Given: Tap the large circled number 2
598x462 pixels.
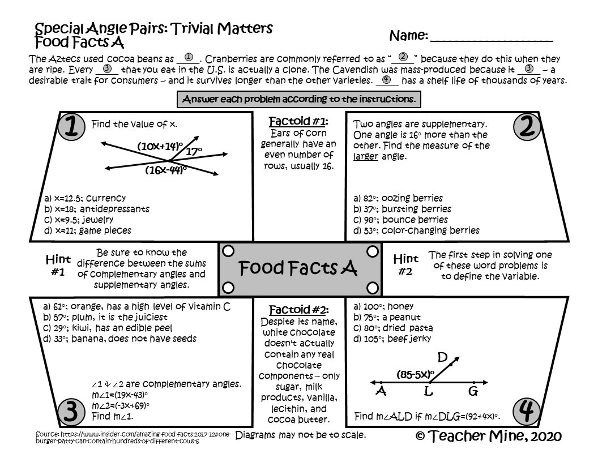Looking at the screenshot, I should (x=526, y=127).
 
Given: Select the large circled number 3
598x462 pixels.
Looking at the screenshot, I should (x=71, y=412).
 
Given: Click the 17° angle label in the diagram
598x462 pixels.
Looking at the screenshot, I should (x=194, y=151).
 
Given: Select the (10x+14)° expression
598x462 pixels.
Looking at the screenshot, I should (x=160, y=146).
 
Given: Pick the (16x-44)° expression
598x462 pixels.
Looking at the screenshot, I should (x=165, y=169).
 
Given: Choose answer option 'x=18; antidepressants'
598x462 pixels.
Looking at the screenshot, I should (x=97, y=209).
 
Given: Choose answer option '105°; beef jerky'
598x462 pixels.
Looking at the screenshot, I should (x=392, y=339).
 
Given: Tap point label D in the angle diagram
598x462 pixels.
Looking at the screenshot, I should (x=443, y=357).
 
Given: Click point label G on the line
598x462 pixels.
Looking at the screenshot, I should (x=473, y=391).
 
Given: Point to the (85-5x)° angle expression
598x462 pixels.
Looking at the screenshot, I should (x=415, y=374).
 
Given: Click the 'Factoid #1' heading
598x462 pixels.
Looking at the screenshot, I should (x=298, y=121).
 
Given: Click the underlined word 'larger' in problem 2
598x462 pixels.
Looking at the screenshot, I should (x=365, y=156).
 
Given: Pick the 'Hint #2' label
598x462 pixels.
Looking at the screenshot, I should (x=405, y=264).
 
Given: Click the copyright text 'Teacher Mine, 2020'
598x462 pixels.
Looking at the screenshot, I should (x=488, y=436).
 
